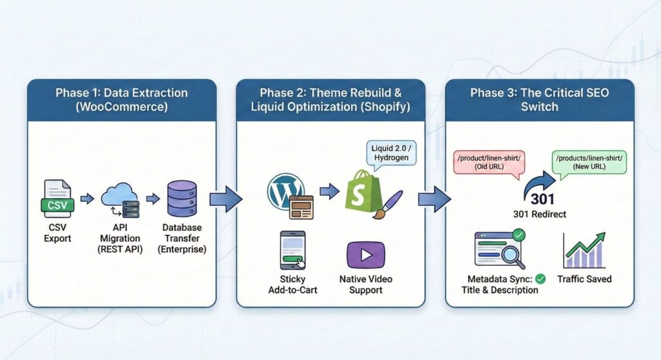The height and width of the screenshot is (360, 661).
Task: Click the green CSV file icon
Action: point(58,198)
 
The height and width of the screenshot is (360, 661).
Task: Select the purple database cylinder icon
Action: point(181,198)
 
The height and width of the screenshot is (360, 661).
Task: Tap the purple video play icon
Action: point(365,255)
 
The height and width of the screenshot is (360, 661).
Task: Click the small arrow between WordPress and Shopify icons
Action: point(328,191)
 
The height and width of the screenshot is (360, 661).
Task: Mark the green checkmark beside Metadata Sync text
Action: point(540,279)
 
